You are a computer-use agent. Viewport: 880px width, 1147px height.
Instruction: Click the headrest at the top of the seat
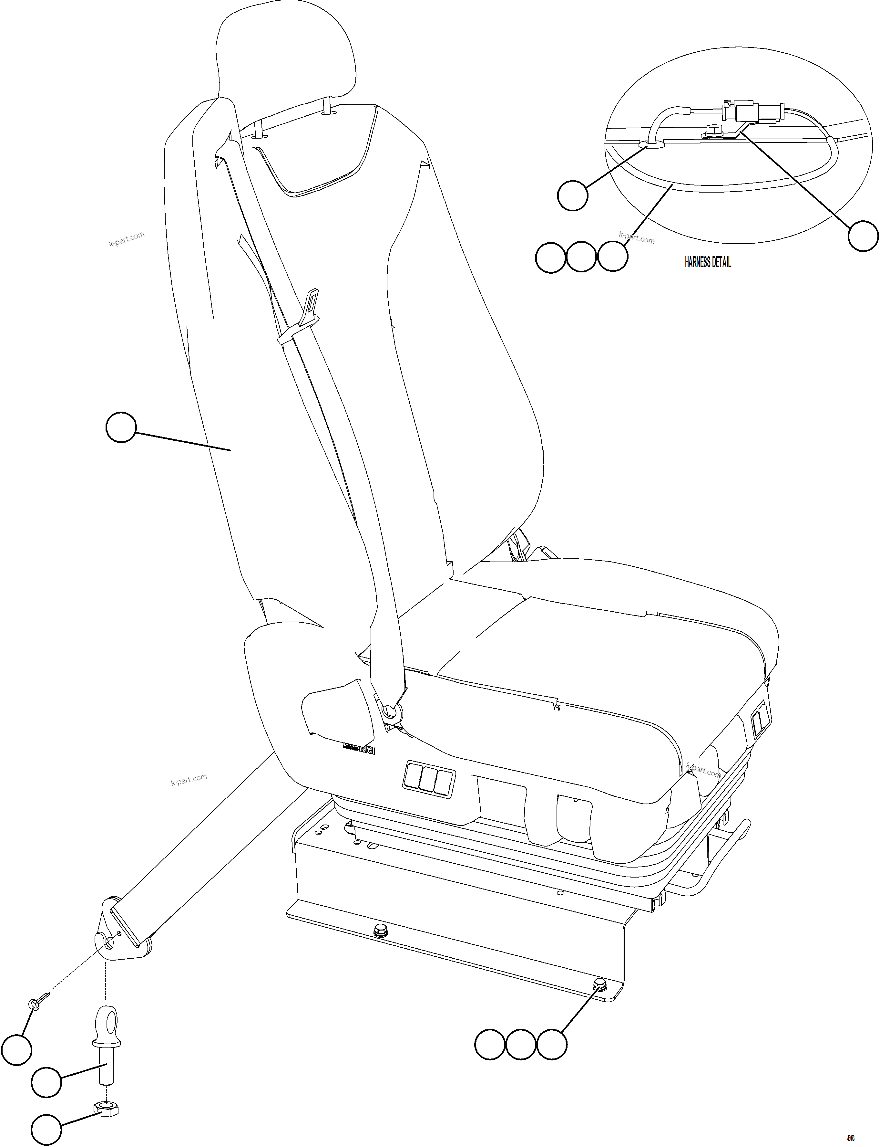285,58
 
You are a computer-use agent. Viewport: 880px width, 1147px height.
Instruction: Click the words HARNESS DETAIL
708,262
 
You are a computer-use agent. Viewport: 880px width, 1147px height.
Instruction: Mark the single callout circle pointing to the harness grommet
573,195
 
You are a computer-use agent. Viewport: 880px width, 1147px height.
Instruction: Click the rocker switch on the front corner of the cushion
759,723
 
